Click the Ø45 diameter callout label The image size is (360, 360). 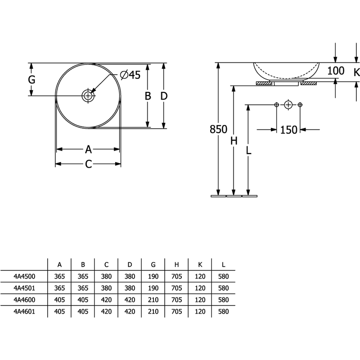(x=130, y=75)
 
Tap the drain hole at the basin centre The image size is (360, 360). (x=88, y=95)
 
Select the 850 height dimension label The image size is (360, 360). (x=218, y=129)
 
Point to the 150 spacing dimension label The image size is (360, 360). (x=288, y=130)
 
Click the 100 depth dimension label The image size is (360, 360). (x=336, y=71)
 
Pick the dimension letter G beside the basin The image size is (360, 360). (x=31, y=80)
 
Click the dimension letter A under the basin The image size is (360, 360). (x=88, y=149)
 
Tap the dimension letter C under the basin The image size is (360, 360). (x=88, y=164)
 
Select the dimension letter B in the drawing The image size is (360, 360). (x=148, y=96)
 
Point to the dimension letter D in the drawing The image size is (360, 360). (x=164, y=96)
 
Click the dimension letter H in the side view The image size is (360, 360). (x=234, y=141)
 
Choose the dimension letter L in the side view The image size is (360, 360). (x=248, y=150)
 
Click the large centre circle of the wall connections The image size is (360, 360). (x=288, y=105)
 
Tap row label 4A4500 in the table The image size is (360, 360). (x=25, y=276)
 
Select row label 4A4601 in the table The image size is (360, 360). (x=24, y=311)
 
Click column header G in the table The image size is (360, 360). (x=153, y=265)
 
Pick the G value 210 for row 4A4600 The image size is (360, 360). (x=153, y=300)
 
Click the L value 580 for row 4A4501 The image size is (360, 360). (x=223, y=288)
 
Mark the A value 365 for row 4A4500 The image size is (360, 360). (x=59, y=276)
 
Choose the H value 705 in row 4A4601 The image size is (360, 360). (x=176, y=311)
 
